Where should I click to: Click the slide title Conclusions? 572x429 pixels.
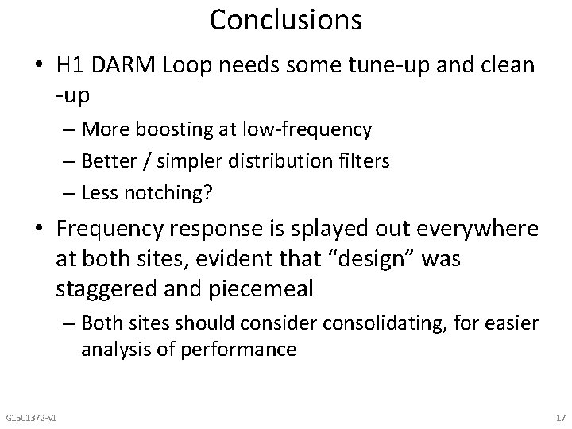(286, 21)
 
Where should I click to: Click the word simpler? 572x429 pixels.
(186, 160)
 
